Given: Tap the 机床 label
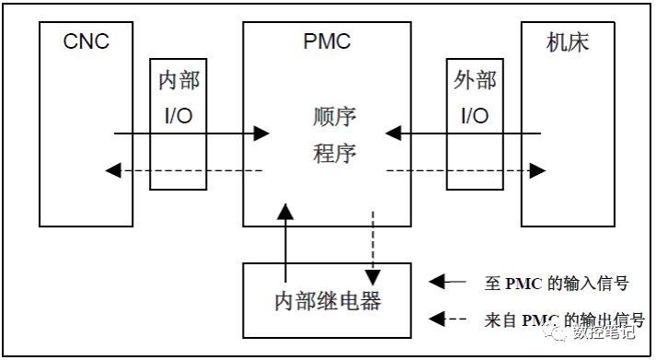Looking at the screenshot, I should click(566, 42).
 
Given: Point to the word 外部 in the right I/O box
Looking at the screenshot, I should click(475, 80).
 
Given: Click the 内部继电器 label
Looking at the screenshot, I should click(328, 300).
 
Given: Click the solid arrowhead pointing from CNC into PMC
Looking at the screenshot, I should click(261, 134).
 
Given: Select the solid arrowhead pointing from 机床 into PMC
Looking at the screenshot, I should click(394, 134).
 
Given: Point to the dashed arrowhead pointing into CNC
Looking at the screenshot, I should click(112, 171).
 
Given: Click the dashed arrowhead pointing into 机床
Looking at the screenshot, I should click(537, 171).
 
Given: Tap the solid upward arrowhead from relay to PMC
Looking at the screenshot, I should click(286, 215).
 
